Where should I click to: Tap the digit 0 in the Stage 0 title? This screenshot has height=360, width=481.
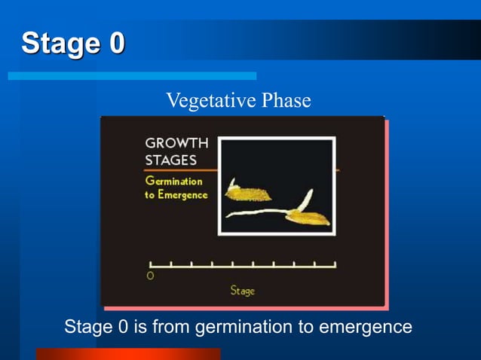click(116, 43)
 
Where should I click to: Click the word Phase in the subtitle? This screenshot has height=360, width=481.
click(284, 100)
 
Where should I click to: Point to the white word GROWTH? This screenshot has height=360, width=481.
click(176, 143)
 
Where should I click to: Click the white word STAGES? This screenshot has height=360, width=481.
click(171, 160)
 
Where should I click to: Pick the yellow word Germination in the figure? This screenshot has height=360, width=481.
click(174, 181)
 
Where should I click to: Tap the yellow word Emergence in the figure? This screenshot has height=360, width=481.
click(182, 196)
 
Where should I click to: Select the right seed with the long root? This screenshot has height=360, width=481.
click(307, 218)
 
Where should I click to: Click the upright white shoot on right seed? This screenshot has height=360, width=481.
click(305, 200)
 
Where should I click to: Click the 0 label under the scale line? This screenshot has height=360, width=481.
click(150, 276)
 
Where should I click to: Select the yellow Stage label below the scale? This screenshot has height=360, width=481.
click(242, 291)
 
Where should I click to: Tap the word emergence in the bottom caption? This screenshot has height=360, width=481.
click(366, 328)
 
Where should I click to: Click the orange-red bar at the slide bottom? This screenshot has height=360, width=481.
click(128, 354)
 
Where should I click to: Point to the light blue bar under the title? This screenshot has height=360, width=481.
click(132, 76)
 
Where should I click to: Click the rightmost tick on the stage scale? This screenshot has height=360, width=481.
click(334, 264)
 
